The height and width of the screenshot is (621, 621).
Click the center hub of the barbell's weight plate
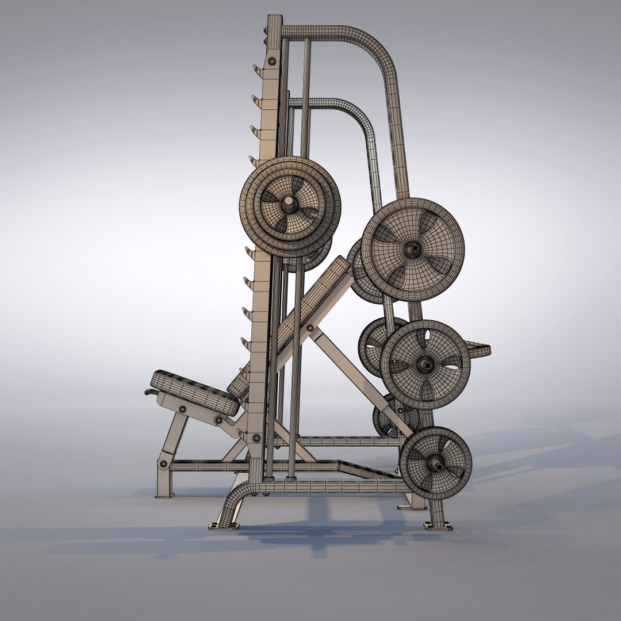click(289, 204)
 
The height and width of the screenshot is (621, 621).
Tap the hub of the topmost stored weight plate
click(412, 249)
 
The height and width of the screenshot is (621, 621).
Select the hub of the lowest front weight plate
click(436, 462)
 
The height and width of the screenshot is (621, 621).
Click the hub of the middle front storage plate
click(425, 363)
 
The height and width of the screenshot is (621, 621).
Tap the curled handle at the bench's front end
click(151, 392)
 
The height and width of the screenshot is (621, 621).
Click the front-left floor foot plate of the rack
click(223, 525)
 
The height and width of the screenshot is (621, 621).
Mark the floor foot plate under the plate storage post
click(438, 525)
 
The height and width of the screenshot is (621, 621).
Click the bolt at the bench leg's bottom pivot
click(164, 463)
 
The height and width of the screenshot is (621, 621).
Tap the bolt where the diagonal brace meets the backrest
click(310, 328)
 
